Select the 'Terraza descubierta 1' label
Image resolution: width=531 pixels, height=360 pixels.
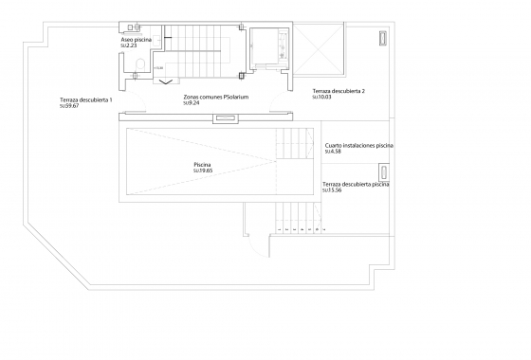(86, 99)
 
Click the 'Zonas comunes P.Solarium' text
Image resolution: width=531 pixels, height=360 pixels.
(217, 97)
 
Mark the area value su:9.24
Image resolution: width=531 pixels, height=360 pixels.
(193, 102)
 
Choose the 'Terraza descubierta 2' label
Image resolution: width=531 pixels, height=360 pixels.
(339, 90)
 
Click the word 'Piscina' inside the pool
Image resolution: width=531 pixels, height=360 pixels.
(202, 165)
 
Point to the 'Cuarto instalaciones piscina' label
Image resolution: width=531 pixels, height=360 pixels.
(358, 146)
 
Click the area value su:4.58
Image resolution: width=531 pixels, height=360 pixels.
(333, 152)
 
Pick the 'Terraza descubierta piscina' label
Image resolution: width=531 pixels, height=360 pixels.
(356, 184)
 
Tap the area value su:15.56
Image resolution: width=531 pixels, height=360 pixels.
(332, 189)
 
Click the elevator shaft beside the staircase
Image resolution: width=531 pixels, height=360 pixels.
(273, 49)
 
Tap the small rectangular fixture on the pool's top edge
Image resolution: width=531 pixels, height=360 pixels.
(226, 118)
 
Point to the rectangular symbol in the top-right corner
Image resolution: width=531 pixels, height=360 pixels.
(382, 38)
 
